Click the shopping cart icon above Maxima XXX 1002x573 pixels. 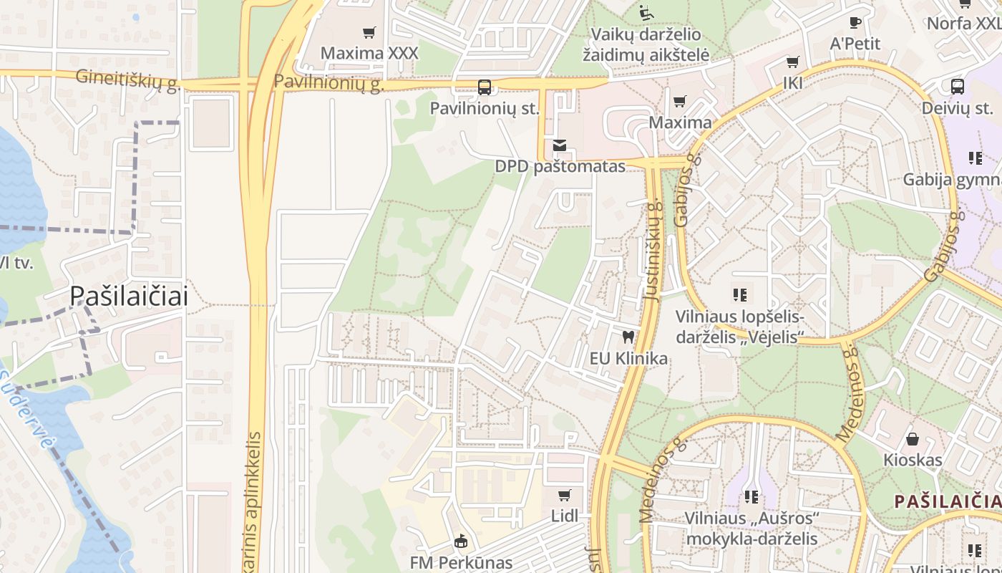point(369,32)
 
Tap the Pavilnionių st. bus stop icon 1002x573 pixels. point(485,87)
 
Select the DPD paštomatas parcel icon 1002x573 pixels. point(560,146)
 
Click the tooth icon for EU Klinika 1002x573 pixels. point(628,337)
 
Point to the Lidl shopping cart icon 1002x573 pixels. point(565,495)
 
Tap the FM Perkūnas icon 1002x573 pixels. point(461,541)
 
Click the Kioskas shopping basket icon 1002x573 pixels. point(913,438)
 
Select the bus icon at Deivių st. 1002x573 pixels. point(958,87)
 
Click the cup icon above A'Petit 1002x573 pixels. point(855,22)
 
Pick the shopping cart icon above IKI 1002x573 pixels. point(792,62)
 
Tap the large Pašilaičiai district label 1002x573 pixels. point(129,296)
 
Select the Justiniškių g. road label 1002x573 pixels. point(651,250)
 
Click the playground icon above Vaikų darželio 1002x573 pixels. point(645,12)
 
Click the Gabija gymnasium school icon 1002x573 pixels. point(975,158)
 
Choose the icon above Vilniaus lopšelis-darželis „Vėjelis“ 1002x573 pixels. point(740,294)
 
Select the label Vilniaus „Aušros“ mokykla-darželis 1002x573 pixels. point(751,528)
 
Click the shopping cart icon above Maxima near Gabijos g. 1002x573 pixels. point(680,102)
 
